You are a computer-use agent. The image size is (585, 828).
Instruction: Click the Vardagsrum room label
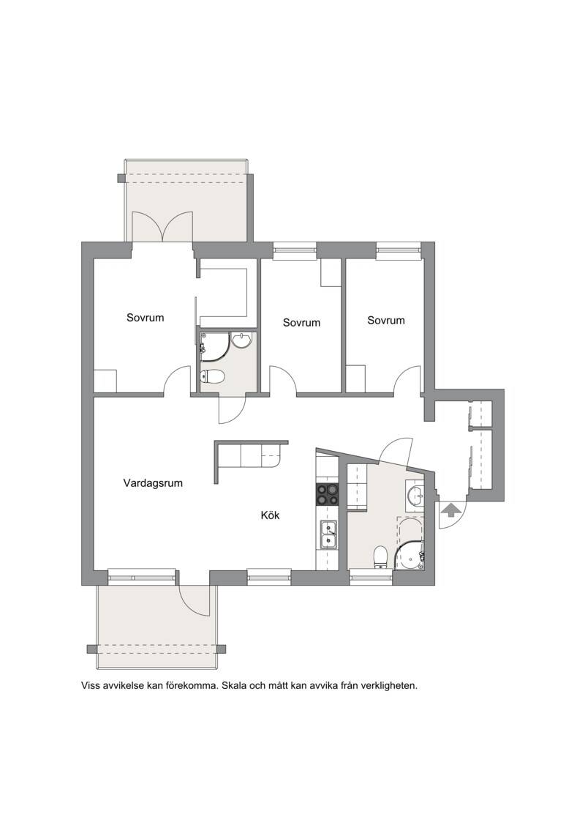coord(153,482)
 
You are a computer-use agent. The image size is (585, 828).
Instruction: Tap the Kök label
coord(270,515)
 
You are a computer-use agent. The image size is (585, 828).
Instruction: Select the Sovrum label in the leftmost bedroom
coord(145,318)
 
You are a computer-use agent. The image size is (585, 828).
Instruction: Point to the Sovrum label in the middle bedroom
coord(302,322)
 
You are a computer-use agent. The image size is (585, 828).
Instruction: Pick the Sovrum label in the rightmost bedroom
coord(386,320)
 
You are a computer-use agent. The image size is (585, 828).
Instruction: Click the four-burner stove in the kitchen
coord(327,495)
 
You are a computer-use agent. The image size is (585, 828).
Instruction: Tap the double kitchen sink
coord(328,534)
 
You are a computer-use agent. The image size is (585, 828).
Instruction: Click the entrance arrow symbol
coord(450,510)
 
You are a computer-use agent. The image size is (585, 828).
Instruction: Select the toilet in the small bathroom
coord(213,376)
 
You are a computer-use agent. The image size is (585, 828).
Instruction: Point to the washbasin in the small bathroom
coord(243,340)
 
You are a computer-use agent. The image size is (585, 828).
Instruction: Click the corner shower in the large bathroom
coord(410,556)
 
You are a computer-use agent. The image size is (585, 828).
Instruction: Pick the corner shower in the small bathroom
coord(214,346)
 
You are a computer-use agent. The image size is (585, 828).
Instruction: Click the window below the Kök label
coord(269,577)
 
